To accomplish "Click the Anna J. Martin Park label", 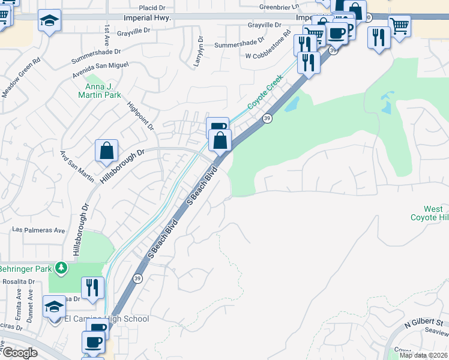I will click(100, 90).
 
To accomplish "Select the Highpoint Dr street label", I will click(141, 115).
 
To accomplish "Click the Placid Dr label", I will click(151, 8).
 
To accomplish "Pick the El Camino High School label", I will click(106, 319).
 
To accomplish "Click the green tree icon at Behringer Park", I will click(60, 267).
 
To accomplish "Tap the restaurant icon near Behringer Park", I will click(92, 287).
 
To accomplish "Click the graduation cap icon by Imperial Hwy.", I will click(49, 22).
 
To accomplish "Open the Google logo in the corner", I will click(20, 352).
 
